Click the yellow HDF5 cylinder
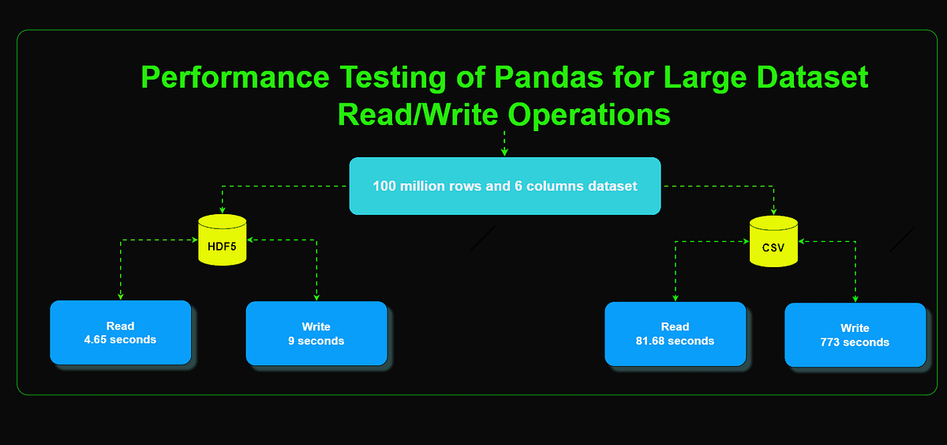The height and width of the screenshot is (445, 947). pos(223,240)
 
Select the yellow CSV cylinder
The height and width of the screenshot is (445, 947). pos(773,241)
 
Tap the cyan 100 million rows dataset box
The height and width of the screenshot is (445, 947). pos(505,186)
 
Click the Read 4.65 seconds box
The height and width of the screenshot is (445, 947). pos(121,333)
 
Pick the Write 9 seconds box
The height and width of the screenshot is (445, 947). pos(316,334)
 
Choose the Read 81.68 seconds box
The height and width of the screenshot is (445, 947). pos(676,334)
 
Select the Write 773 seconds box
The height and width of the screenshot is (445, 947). pos(855,334)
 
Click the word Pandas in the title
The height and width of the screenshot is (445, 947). pos(548,77)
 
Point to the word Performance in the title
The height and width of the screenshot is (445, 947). pos(235,77)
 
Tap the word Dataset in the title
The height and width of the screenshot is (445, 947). pos(812,77)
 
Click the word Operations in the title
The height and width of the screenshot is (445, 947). pos(589,115)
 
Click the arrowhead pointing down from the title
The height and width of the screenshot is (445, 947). pos(504,152)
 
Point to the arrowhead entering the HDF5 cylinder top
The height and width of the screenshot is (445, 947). pos(223,209)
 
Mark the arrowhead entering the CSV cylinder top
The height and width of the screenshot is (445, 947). pos(773,211)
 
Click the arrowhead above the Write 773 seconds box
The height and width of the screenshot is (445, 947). pos(855,298)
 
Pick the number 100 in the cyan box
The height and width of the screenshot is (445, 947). pos(384,187)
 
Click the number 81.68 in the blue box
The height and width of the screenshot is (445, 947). pos(652,341)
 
